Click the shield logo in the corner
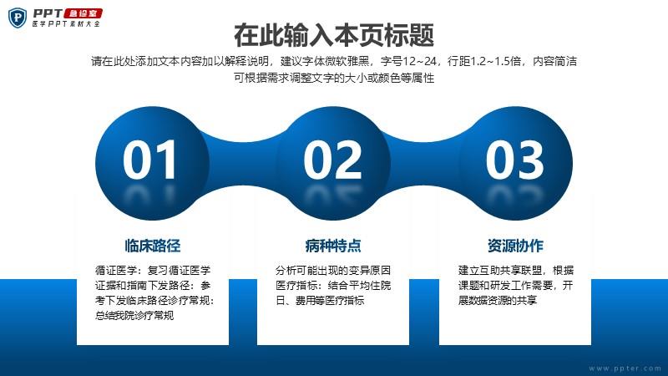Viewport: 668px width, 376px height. pos(18,18)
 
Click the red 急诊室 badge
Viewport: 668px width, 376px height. pos(83,13)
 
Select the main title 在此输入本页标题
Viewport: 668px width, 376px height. pos(334,35)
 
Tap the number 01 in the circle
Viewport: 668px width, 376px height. pos(149,160)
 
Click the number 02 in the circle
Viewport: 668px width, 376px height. pos(332,160)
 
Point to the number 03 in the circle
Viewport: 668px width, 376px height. pos(514,160)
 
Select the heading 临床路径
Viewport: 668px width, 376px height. pos(153,246)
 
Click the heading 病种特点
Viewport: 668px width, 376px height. pos(333,246)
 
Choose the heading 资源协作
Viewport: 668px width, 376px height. pos(515,246)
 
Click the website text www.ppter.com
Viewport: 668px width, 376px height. pos(625,368)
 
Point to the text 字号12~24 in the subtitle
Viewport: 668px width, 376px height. pos(409,61)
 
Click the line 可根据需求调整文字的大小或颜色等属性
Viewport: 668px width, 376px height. pos(334,78)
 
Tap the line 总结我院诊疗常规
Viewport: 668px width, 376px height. pos(134,316)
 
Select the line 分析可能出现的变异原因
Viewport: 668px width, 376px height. pos(333,270)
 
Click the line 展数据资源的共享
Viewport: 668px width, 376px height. pos(498,300)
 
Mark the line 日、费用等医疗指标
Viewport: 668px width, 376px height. pos(320,300)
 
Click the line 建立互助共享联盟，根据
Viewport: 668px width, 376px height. pos(516,270)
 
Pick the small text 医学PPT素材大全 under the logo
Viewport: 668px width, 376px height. pos(66,24)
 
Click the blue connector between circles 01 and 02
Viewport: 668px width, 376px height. pos(242,163)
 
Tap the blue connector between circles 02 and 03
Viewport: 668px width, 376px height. pos(424,163)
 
